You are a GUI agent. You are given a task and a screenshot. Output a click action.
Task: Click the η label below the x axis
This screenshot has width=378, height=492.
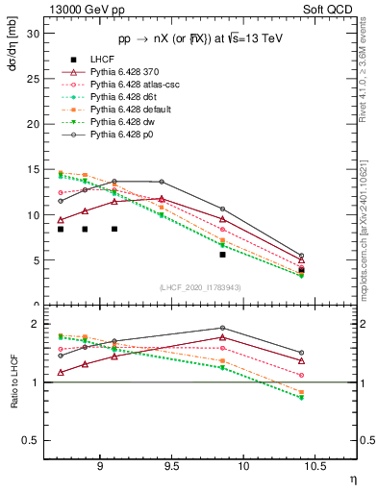pos(352,477)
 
